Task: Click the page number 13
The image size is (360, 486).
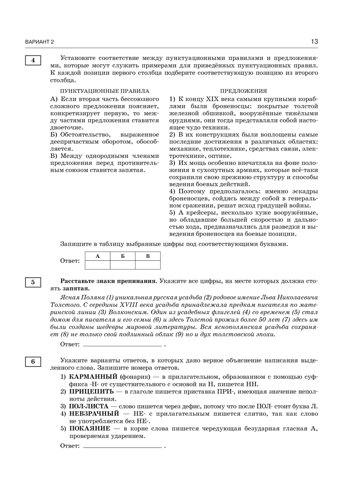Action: [x=314, y=41]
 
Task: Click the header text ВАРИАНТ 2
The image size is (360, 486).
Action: [x=39, y=42]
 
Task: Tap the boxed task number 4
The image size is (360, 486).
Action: [x=33, y=61]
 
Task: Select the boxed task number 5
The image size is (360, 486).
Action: [x=33, y=282]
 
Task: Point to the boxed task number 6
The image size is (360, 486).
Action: [x=33, y=361]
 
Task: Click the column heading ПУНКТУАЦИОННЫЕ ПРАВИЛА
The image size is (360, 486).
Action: [x=104, y=91]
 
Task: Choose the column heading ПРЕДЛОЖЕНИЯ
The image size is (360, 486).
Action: [x=243, y=91]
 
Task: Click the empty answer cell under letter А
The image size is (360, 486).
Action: [x=98, y=265]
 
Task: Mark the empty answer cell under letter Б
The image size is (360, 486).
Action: [x=123, y=265]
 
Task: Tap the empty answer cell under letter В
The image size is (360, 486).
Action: [x=148, y=265]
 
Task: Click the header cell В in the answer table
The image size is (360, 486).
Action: [x=148, y=256]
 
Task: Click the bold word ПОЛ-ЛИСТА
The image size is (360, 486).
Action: [x=89, y=406]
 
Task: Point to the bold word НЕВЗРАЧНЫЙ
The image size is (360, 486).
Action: [x=94, y=414]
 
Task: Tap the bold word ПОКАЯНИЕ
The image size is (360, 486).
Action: [x=90, y=428]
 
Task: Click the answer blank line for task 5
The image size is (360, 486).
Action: [x=122, y=345]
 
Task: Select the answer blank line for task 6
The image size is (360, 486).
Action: [x=122, y=447]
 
